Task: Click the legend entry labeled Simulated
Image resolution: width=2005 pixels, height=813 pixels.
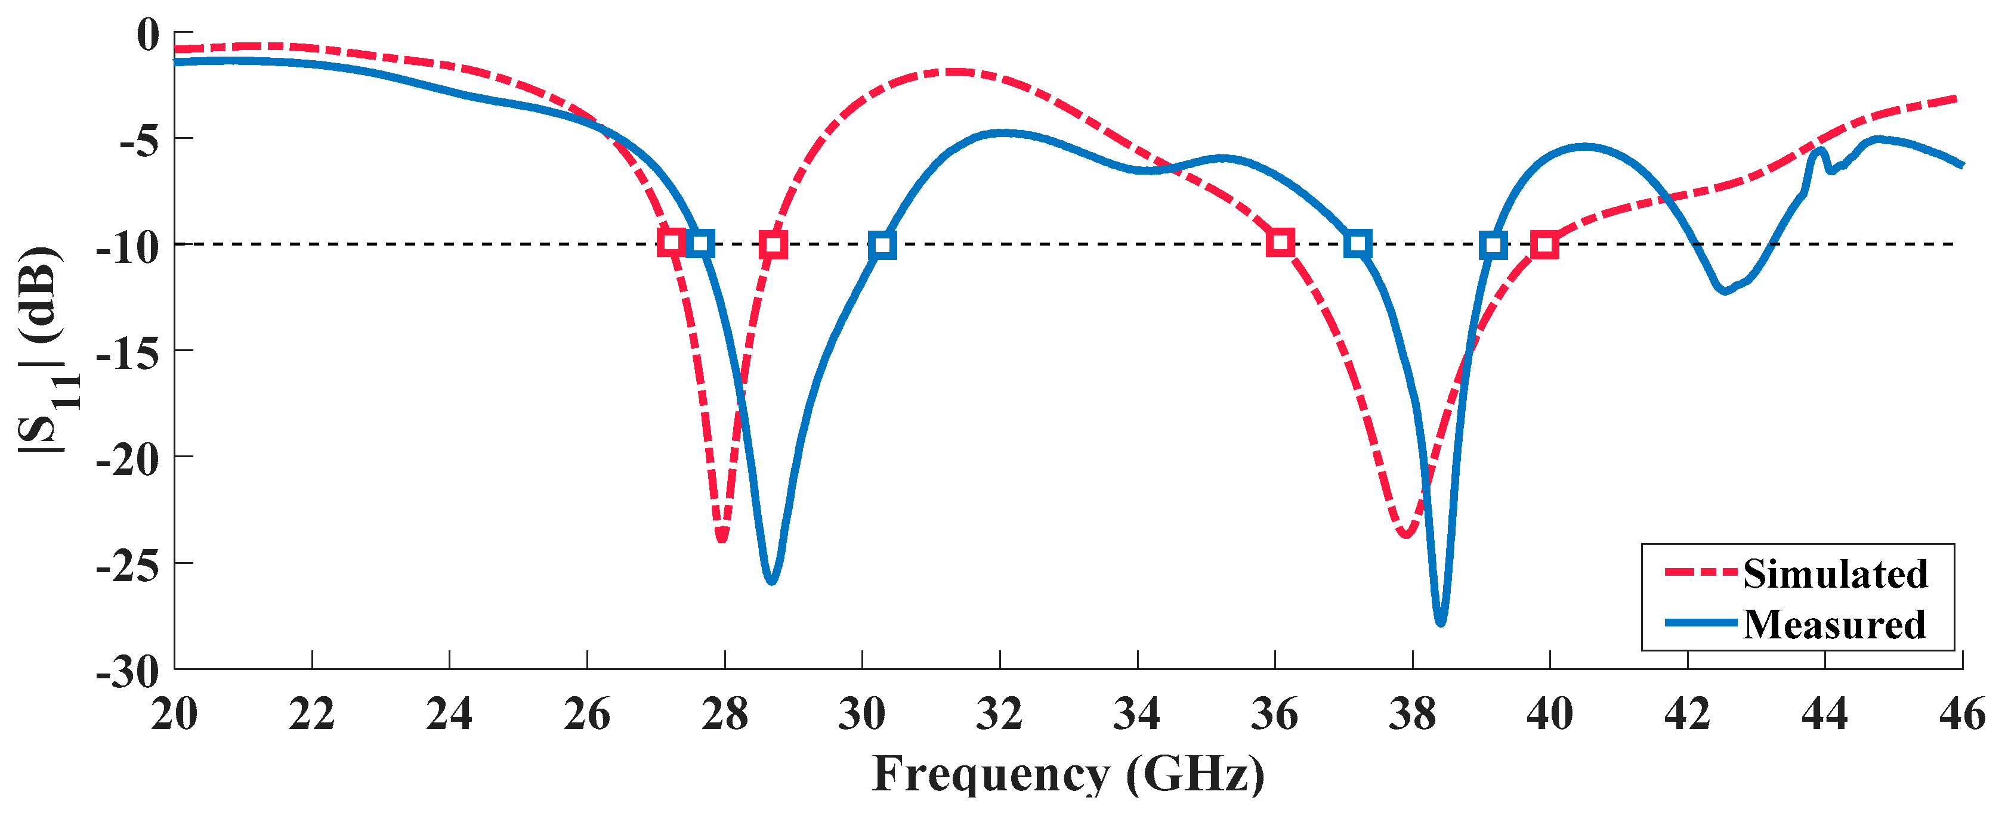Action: click(x=1834, y=574)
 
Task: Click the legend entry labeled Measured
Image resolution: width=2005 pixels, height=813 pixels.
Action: click(x=1834, y=625)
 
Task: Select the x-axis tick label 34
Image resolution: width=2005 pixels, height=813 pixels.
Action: click(x=1136, y=713)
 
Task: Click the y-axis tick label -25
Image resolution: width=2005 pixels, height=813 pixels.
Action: click(x=127, y=565)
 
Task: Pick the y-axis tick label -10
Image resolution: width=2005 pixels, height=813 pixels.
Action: click(x=127, y=247)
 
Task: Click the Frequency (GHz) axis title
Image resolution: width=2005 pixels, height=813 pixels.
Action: click(x=1068, y=774)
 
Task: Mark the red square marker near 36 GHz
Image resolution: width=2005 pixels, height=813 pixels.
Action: click(x=1280, y=244)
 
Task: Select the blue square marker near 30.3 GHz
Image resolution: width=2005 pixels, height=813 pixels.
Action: click(x=882, y=245)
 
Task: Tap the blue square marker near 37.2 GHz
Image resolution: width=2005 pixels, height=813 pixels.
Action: click(x=1357, y=244)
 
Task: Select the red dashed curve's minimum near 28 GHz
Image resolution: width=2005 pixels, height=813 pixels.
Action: click(x=722, y=538)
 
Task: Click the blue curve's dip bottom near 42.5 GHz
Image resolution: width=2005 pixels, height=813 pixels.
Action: click(x=1725, y=291)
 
